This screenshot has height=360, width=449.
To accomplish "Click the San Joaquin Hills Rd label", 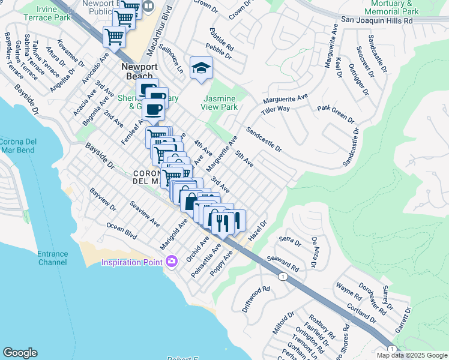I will click(377, 20).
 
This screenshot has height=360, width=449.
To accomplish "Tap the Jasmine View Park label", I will click(221, 103).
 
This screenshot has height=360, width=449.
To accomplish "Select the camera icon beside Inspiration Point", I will click(172, 261).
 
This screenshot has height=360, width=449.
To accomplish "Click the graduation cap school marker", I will click(201, 68).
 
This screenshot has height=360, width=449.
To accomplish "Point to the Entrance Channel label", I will click(52, 259).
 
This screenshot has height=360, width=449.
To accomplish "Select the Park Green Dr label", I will click(336, 114).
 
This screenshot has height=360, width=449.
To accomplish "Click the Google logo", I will click(20, 353).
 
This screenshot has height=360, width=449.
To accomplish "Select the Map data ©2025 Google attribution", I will click(412, 355).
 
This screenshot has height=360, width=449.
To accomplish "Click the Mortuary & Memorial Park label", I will click(391, 7).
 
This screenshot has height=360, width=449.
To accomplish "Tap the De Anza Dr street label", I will click(314, 252).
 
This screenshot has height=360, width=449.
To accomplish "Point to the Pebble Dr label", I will click(218, 52).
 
